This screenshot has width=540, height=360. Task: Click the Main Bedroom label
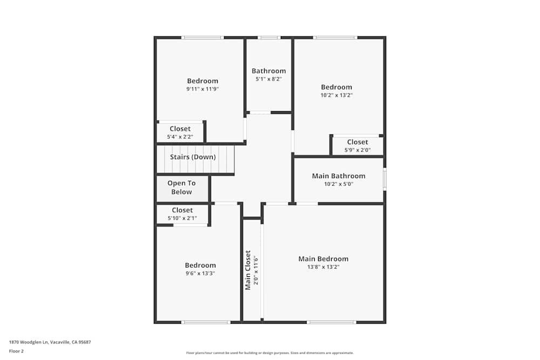323,259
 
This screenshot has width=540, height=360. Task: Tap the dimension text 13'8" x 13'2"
323,267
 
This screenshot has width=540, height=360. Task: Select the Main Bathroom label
339,176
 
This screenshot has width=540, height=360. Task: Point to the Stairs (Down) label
193,157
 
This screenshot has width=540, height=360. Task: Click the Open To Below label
181,187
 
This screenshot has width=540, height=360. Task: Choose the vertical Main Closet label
248,270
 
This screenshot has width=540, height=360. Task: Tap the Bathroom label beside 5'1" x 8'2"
268,71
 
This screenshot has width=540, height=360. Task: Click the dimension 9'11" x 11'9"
202,89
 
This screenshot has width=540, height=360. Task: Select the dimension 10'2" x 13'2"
336,95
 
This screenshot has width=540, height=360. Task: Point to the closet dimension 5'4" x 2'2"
180,137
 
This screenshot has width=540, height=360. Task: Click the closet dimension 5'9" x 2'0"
357,150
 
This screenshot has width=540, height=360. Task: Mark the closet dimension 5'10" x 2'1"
182,218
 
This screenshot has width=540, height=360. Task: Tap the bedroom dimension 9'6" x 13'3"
200,273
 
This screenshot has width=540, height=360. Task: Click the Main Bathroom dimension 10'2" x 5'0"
339,184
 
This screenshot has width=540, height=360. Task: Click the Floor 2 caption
16,351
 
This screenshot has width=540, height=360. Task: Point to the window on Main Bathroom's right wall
384,179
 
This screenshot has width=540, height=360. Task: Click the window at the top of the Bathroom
268,38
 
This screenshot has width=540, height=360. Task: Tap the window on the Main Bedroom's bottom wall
332,322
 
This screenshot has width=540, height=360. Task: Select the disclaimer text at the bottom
270,353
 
